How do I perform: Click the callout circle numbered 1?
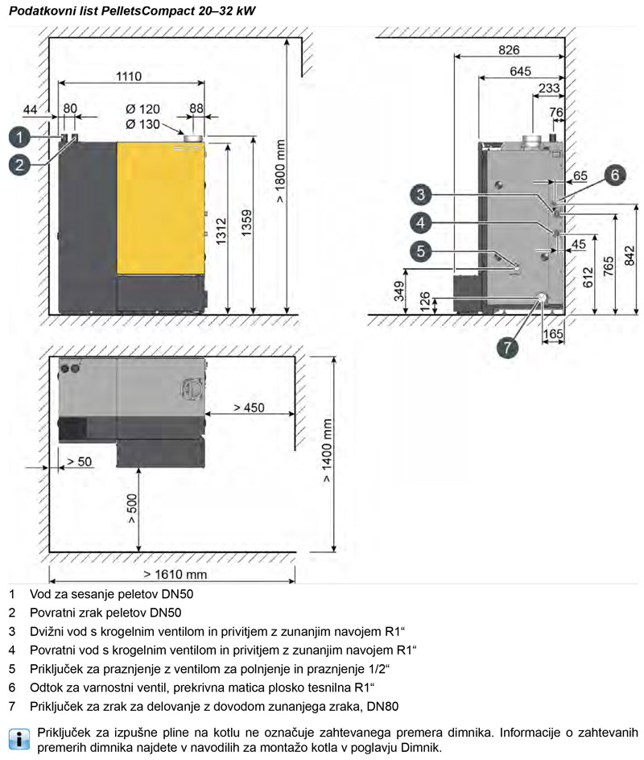coord(19,137)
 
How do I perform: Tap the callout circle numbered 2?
coord(19,165)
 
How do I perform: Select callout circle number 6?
coord(615,175)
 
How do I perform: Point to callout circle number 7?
coord(507,348)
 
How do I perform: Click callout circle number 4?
coord(420,223)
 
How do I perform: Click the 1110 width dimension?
coord(129,76)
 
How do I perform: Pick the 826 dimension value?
coord(509,49)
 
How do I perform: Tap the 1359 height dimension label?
coord(246,223)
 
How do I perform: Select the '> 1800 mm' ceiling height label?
coord(281,171)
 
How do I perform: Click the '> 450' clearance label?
coord(249,407)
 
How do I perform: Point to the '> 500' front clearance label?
coord(132,509)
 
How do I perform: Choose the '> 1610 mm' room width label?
coord(175,574)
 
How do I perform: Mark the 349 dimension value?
coord(399,291)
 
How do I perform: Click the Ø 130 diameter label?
coord(142,124)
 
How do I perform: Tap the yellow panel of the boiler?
coord(160,209)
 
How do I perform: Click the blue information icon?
coord(19,738)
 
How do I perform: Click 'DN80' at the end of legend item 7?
coord(383,706)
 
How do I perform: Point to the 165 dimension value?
coord(553,333)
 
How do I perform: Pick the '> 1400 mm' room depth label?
coord(327,451)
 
